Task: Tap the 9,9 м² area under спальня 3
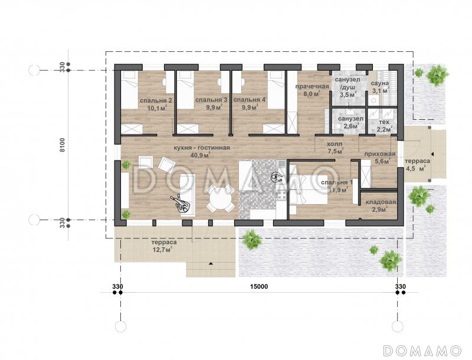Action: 214,107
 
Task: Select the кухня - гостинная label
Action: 202,148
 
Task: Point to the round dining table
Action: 221,198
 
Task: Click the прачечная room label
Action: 312,87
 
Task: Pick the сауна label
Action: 379,83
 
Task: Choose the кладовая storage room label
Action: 381,202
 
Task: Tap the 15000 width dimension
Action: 259,287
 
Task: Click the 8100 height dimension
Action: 63,145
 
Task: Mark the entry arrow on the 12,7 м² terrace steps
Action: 211,264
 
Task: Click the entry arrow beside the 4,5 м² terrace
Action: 432,154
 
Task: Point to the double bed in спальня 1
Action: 309,190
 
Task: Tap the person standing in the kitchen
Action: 276,177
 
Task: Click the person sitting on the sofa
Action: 182,204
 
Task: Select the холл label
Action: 335,144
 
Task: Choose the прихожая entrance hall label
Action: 380,154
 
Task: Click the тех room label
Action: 384,122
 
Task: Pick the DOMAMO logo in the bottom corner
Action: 422,351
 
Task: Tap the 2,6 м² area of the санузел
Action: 351,126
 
